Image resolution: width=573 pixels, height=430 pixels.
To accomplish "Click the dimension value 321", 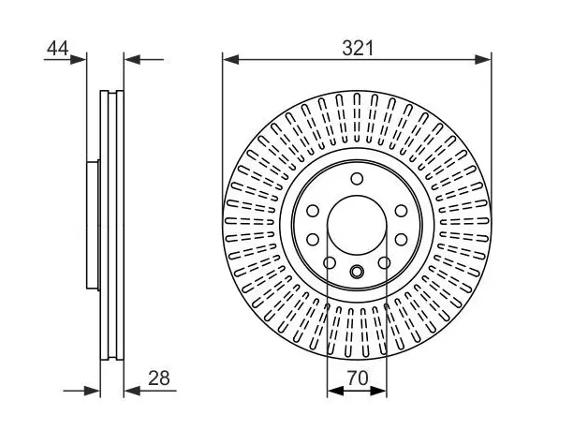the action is point(358,49).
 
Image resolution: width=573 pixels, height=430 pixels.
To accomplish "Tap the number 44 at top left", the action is point(57,49).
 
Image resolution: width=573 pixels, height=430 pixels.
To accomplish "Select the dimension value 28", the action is point(159,378).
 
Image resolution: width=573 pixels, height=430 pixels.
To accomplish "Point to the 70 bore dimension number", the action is point(358,378).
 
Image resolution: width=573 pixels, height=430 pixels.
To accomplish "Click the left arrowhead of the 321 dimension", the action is point(230,59).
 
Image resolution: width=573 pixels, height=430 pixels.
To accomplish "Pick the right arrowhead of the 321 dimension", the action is point(483,59).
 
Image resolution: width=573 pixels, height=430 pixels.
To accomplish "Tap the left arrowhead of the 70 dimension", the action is point(335,391).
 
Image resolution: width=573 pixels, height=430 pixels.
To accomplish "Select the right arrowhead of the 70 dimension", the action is point(378,391).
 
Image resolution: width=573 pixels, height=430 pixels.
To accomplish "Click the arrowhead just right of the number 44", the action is point(78,59).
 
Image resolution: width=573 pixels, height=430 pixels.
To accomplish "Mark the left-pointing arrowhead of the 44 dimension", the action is point(132,59).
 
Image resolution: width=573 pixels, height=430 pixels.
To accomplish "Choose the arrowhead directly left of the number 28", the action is point(132,391).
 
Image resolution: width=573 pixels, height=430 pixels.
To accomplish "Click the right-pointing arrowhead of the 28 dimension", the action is point(92,391).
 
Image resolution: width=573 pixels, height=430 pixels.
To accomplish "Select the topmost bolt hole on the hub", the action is point(357,179).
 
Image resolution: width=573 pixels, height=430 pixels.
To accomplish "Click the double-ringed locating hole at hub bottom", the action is point(357,272).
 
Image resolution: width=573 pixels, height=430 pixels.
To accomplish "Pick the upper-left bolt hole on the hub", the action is point(313,211).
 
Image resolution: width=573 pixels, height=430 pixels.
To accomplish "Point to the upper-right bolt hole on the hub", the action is point(402,211).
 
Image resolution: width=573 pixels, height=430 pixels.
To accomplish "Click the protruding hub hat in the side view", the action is point(93,225).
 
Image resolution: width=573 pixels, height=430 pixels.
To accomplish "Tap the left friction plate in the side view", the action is point(104,225).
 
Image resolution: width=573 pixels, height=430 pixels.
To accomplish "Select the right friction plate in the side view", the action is point(120,225).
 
